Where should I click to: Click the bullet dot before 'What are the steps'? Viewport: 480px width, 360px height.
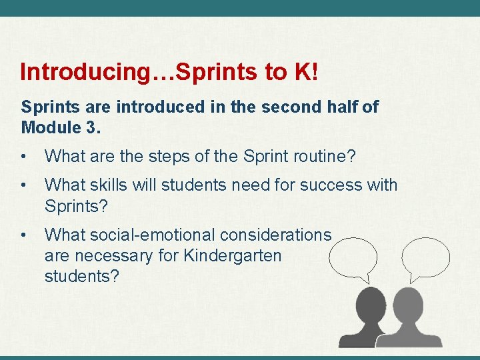click(25, 158)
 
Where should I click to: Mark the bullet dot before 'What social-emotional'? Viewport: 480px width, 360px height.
click(25, 235)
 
